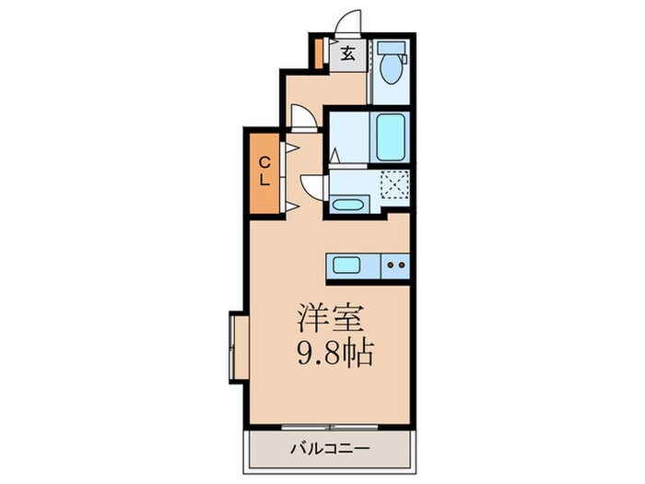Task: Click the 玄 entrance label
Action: click(348, 53)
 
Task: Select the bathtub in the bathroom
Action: click(391, 137)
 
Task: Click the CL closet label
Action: click(264, 172)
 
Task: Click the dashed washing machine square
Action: click(393, 187)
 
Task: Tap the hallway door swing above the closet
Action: click(301, 116)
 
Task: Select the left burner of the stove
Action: click(390, 266)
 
